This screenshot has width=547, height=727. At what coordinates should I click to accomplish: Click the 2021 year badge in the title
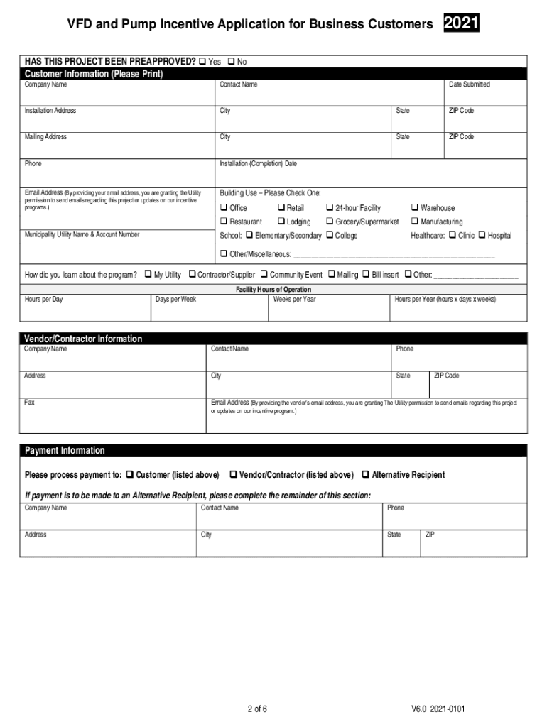point(461,25)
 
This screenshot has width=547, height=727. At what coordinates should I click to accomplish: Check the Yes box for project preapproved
point(202,62)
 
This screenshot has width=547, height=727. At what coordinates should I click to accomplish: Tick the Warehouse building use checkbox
point(415,208)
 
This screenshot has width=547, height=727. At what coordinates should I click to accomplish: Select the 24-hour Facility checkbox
point(330,208)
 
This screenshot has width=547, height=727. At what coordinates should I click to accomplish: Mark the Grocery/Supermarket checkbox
point(330,222)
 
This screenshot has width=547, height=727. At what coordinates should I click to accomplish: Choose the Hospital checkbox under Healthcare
point(482,236)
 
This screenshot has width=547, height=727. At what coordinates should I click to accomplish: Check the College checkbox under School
point(330,236)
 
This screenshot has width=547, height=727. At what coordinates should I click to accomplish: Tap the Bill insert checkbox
point(366,275)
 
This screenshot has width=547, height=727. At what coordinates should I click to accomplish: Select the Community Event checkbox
point(264,275)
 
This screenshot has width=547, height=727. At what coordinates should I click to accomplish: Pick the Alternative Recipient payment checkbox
point(366,475)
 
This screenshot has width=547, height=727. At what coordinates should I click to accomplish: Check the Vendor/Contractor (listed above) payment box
point(233,475)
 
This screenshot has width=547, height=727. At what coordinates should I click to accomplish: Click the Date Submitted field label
point(469,84)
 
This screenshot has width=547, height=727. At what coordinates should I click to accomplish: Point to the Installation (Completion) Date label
point(258,164)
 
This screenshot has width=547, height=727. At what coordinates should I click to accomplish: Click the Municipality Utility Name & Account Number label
point(82,234)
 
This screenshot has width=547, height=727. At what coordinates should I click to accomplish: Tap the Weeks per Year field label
point(294,300)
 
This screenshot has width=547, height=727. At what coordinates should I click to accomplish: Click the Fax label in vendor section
point(30,403)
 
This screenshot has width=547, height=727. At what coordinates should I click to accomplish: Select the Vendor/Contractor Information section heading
point(83,339)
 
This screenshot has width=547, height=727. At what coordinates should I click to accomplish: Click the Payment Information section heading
point(65,451)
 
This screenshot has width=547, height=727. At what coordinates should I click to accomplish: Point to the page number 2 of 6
point(256,709)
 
